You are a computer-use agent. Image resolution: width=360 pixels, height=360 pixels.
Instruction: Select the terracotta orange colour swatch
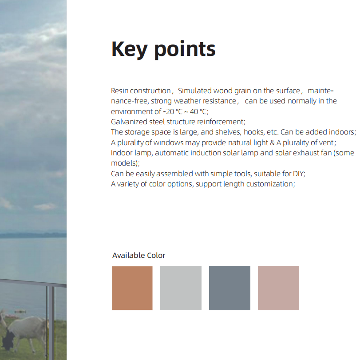tap(132, 288)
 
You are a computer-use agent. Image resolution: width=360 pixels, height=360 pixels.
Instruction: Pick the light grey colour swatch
tap(181, 288)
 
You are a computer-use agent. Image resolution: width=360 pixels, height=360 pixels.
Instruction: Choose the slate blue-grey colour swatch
tap(229, 288)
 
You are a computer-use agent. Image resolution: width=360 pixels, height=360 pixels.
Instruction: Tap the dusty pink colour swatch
tap(278, 288)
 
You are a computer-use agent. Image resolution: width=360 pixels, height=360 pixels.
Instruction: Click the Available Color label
tap(138, 255)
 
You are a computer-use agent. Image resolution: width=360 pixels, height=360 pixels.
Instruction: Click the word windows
tap(169, 142)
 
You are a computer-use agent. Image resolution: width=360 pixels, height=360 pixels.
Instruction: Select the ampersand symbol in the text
tap(272, 142)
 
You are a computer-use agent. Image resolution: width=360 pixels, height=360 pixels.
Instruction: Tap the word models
tap(124, 163)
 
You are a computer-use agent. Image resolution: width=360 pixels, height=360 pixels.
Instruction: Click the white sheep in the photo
tap(25, 331)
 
